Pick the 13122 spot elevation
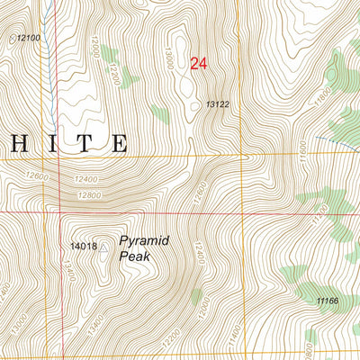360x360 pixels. point(218,105)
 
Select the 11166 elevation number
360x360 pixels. point(327,300)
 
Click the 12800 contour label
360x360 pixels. point(88,195)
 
